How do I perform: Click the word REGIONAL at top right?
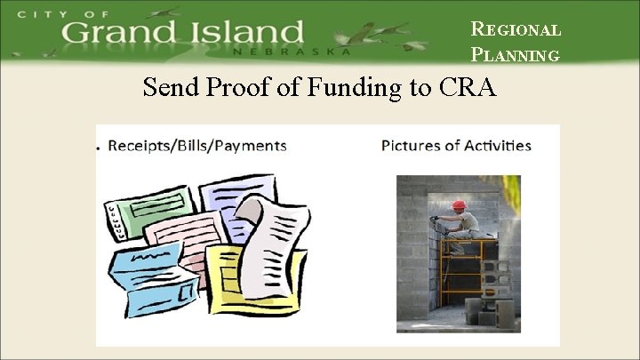coord(516,28)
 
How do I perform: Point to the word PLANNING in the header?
coord(516,55)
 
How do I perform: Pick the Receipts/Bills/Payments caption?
coord(196,145)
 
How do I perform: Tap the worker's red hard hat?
coord(459,205)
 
